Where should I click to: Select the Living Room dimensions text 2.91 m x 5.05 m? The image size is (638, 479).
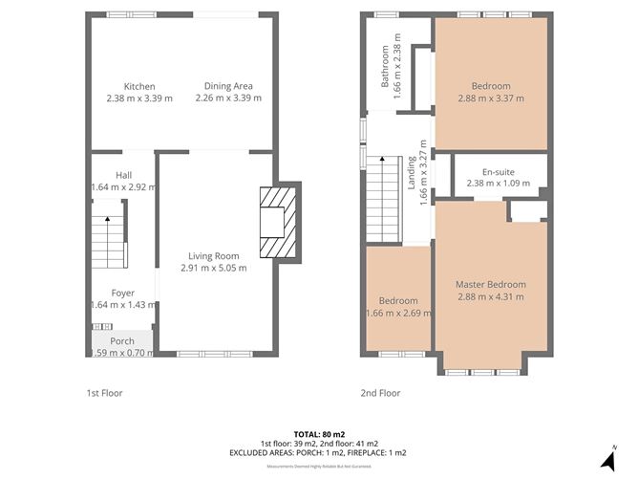click(x=214, y=268)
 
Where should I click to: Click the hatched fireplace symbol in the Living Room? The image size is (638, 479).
click(x=277, y=222)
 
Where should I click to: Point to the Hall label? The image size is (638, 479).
click(x=124, y=175)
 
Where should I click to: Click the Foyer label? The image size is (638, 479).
click(x=122, y=293)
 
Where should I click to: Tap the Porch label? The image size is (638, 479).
click(x=122, y=341)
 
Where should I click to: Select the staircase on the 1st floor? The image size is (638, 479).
click(x=109, y=241)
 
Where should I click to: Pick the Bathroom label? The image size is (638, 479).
click(x=386, y=67)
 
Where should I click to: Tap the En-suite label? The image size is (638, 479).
click(x=492, y=171)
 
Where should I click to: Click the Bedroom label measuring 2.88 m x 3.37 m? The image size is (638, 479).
click(x=492, y=86)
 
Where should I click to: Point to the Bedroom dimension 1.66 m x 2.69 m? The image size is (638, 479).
click(x=398, y=312)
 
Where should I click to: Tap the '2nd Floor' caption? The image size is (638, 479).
click(x=381, y=393)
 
